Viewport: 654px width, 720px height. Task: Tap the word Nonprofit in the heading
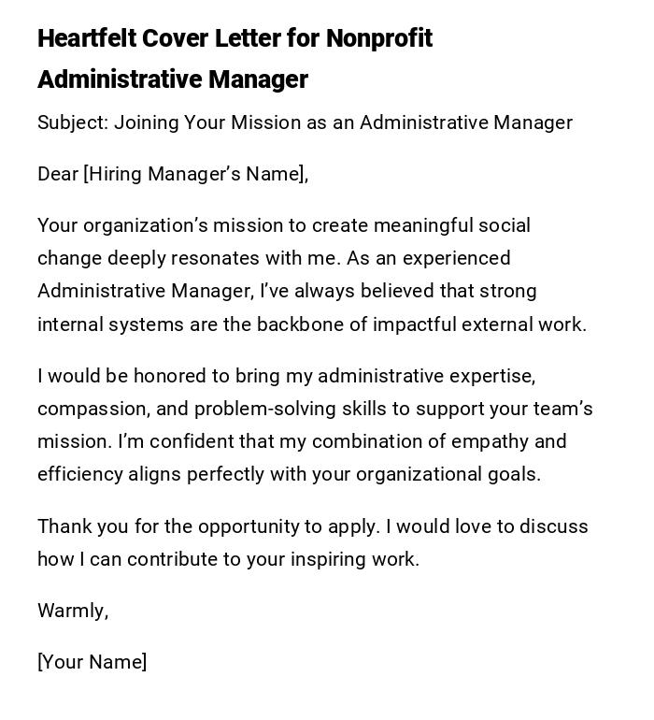(379, 38)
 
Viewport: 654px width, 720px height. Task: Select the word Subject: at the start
(72, 122)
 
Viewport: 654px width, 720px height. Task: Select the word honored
(169, 376)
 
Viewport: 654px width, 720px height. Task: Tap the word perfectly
(225, 474)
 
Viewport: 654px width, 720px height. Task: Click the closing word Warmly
(72, 611)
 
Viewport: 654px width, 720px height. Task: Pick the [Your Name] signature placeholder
(92, 662)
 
